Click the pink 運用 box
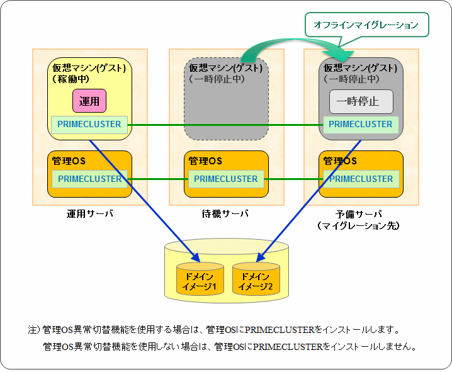[x=89, y=101]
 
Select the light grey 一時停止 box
[x=361, y=101]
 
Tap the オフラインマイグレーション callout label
[x=366, y=25]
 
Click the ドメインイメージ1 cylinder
[x=200, y=279]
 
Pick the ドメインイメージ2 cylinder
[x=256, y=279]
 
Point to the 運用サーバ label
[x=90, y=214]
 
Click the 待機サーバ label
[x=225, y=214]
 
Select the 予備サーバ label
[x=359, y=214]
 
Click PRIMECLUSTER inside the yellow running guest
[x=89, y=125]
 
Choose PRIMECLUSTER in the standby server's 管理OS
[x=226, y=179]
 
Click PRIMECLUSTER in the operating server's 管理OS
[x=89, y=179]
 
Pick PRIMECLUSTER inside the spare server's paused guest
[x=361, y=125]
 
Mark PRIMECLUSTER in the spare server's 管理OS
[x=361, y=179]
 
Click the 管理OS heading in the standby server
[x=205, y=161]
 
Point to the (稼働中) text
[x=71, y=79]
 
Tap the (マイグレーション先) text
[x=358, y=225]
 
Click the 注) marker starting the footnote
[x=34, y=330]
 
